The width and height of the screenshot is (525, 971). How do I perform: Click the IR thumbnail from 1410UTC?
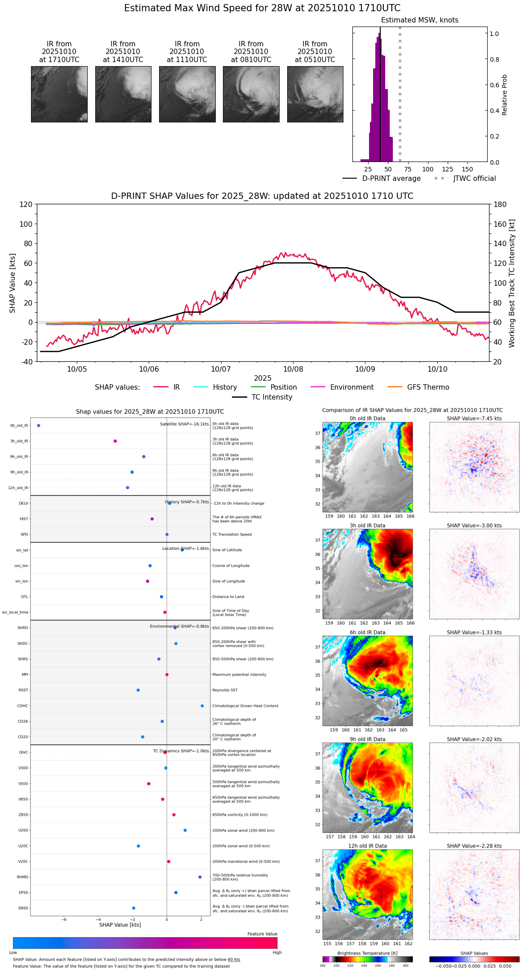pyautogui.click(x=123, y=94)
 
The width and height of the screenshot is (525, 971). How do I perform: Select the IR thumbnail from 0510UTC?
pyautogui.click(x=315, y=94)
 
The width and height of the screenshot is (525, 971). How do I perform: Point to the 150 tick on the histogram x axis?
pyautogui.click(x=467, y=169)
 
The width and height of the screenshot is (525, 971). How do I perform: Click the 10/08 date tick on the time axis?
pyautogui.click(x=293, y=369)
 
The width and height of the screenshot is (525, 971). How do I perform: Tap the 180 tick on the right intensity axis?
pyautogui.click(x=500, y=205)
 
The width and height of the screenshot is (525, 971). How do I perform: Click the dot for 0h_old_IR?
pyautogui.click(x=39, y=425)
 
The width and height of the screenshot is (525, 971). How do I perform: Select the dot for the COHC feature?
pyautogui.click(x=202, y=706)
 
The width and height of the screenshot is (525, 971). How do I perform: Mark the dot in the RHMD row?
pyautogui.click(x=200, y=877)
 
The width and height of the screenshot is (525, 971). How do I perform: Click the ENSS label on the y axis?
pyautogui.click(x=23, y=908)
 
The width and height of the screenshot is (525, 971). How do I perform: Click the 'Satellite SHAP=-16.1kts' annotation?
pyautogui.click(x=184, y=424)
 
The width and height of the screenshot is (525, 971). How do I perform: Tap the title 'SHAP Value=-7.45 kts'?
pyautogui.click(x=474, y=418)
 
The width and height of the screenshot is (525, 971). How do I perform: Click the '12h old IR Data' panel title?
pyautogui.click(x=367, y=846)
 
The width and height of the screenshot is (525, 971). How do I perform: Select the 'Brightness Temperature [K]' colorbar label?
pyautogui.click(x=367, y=953)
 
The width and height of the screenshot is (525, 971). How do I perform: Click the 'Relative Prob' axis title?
pyautogui.click(x=505, y=94)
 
